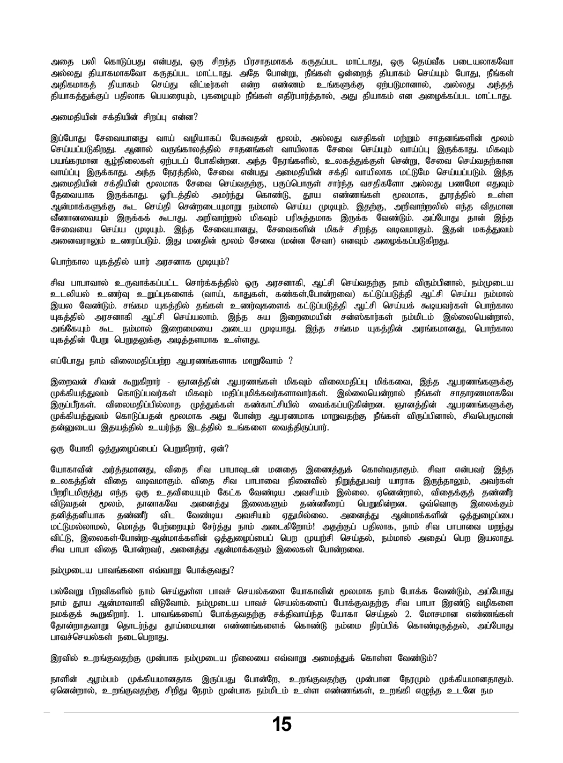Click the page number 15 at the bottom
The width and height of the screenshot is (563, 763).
[x=281, y=724]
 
